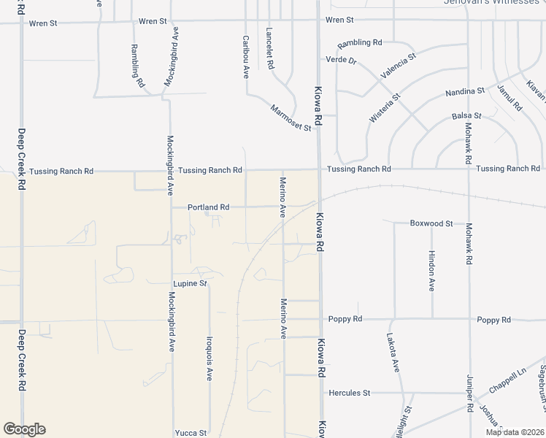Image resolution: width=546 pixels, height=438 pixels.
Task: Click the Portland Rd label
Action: (208, 207)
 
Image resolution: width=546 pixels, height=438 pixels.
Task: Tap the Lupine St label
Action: (190, 283)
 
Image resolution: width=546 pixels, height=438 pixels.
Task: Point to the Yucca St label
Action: (191, 433)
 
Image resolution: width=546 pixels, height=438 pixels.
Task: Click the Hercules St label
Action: (349, 393)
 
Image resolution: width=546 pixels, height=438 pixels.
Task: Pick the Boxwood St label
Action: (431, 223)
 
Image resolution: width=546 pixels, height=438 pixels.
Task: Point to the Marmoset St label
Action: (291, 118)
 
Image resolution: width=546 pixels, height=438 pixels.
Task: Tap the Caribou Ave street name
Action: (246, 57)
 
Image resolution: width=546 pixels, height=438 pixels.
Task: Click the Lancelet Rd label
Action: (269, 48)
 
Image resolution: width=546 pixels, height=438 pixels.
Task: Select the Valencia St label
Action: (398, 66)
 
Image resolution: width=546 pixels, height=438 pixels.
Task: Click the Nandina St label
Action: (465, 91)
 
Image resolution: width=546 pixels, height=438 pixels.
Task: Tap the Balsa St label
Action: (466, 115)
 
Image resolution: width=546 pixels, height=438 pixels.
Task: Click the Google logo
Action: (24, 429)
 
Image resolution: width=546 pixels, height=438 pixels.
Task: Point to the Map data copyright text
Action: (514, 432)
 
